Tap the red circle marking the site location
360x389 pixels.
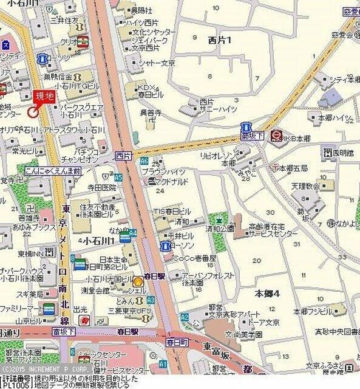[33, 111]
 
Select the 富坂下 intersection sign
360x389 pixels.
[63, 332]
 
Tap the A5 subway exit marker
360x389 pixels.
[118, 177]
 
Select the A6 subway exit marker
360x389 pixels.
[144, 162]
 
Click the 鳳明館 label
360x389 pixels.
[338, 153]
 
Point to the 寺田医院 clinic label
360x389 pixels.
[101, 188]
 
